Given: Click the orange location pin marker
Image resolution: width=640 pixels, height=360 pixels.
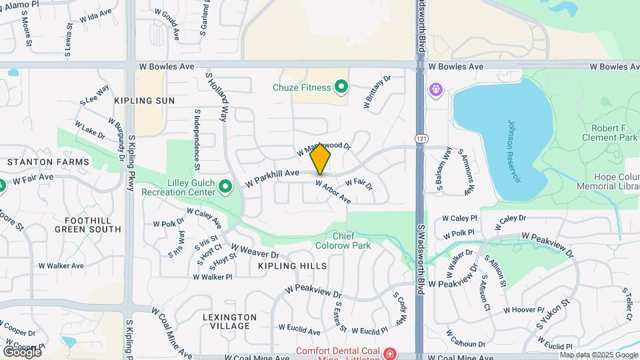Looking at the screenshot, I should [321, 158].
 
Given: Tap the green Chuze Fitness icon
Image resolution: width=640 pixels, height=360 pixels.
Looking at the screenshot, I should [341, 87].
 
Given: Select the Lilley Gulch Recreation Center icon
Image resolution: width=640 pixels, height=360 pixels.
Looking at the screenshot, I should [225, 186].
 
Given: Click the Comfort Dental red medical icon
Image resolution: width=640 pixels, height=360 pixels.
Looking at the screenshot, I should [389, 352].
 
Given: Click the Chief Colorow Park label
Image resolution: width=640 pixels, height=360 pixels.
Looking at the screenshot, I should [351, 241].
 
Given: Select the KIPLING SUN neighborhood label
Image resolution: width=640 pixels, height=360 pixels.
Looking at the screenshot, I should [144, 101].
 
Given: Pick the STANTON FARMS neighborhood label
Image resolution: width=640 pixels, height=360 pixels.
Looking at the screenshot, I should [48, 162].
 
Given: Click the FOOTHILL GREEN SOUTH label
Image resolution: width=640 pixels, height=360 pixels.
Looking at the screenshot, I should [88, 225].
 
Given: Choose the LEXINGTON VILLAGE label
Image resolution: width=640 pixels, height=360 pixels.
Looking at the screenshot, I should [229, 321].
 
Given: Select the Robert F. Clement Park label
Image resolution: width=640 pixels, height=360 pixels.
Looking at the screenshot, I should [614, 132].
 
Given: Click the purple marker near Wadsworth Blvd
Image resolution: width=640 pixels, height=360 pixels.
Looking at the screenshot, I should [437, 89].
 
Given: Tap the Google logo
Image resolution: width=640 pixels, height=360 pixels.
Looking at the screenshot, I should [21, 351].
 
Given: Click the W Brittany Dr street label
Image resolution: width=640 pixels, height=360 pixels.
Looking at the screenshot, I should [376, 93].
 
